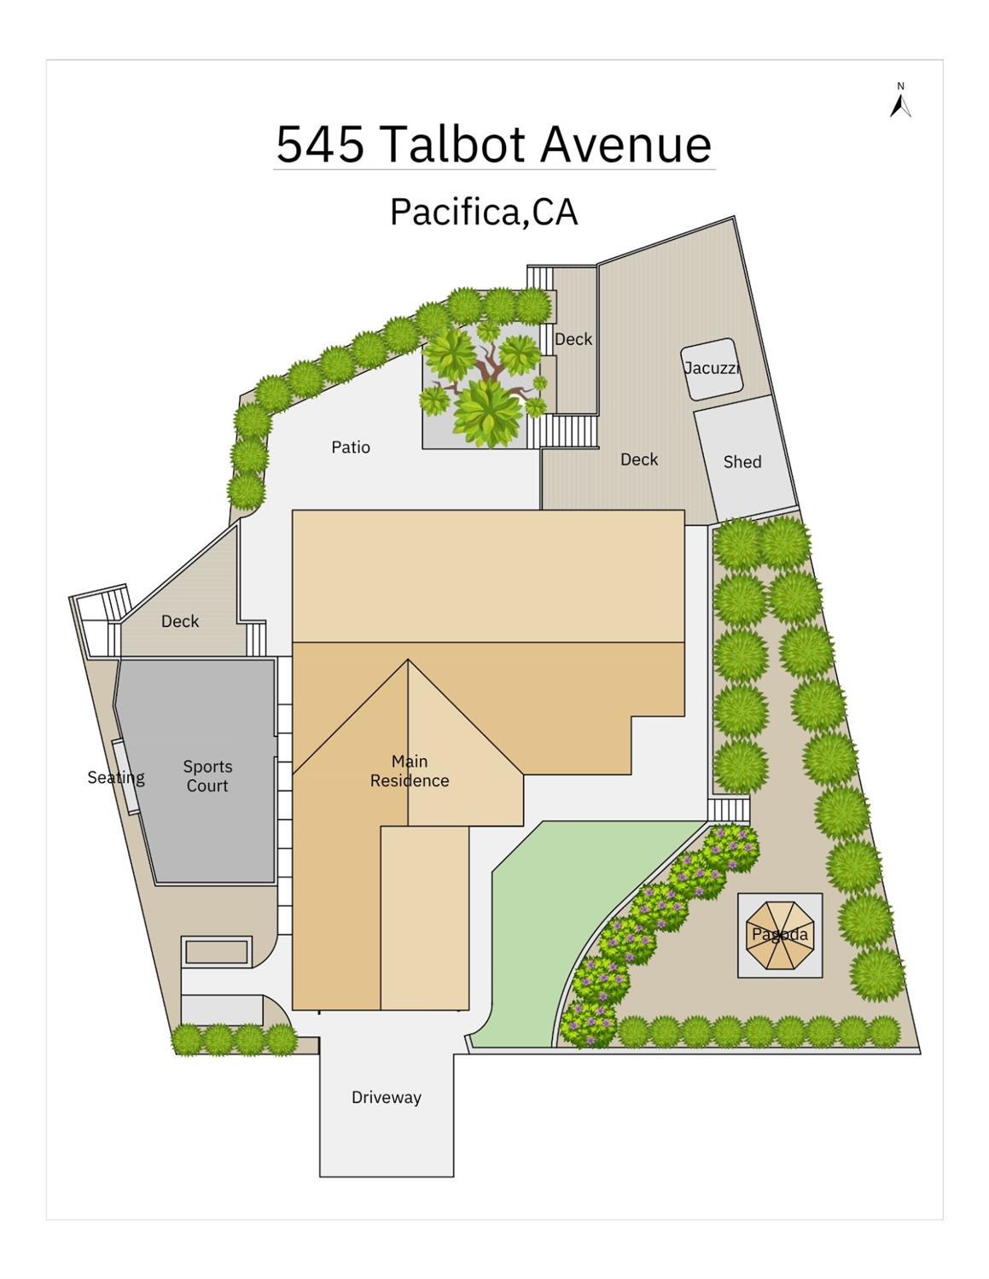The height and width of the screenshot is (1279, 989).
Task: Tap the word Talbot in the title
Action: pyautogui.click(x=456, y=144)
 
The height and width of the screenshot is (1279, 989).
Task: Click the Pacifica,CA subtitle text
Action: pyautogui.click(x=484, y=211)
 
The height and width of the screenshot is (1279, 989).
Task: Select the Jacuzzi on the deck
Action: pyautogui.click(x=712, y=369)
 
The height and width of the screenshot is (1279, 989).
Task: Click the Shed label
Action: pyautogui.click(x=742, y=461)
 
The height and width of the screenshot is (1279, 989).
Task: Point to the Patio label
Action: pyautogui.click(x=351, y=447)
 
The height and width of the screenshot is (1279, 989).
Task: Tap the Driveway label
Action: pyautogui.click(x=387, y=1098)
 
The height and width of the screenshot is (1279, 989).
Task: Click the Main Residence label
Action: pyautogui.click(x=410, y=771)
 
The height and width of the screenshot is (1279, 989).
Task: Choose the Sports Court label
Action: pyautogui.click(x=207, y=776)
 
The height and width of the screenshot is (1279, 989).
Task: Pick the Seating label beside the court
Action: pyautogui.click(x=116, y=778)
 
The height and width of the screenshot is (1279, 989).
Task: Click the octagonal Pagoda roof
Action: pyautogui.click(x=780, y=935)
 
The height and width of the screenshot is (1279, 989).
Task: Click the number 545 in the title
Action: pyautogui.click(x=320, y=144)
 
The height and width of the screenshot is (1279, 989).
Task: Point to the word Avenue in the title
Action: pyautogui.click(x=625, y=144)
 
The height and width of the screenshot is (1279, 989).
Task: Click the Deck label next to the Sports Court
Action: pyautogui.click(x=180, y=621)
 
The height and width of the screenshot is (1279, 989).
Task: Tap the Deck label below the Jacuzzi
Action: pyautogui.click(x=639, y=459)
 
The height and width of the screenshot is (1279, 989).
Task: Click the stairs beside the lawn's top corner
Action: pyautogui.click(x=729, y=809)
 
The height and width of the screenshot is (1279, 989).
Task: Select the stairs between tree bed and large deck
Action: pyautogui.click(x=562, y=431)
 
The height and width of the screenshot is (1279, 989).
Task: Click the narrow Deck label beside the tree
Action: pyautogui.click(x=573, y=339)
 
